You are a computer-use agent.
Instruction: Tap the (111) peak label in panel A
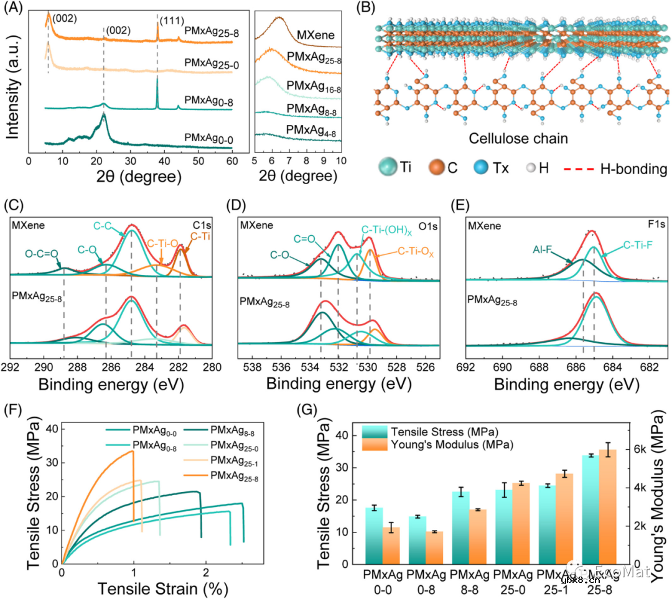coord(171,21)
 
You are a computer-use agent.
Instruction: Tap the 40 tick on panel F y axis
coord(51,428)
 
